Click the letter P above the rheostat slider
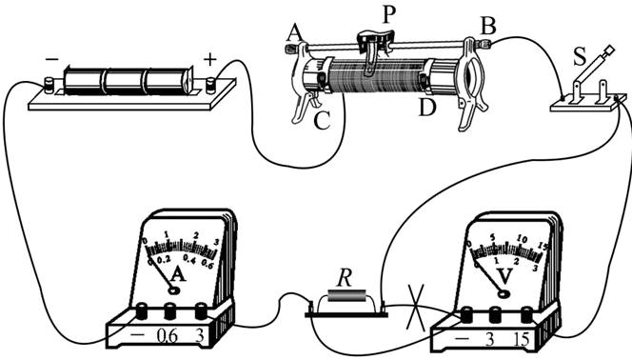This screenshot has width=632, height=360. click(x=388, y=15)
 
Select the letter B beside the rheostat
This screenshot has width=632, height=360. click(x=488, y=27)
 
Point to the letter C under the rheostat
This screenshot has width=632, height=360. click(x=322, y=120)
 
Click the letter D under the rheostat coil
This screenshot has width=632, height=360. click(x=427, y=107)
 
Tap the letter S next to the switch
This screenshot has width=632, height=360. click(x=580, y=56)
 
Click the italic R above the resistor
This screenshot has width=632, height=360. click(x=344, y=278)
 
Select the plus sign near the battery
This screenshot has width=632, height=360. click(x=209, y=60)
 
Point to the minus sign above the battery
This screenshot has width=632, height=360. click(x=51, y=60)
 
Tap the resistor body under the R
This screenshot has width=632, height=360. click(x=346, y=295)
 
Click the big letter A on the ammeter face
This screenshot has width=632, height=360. click(x=178, y=274)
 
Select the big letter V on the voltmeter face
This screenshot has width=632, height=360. click(x=504, y=276)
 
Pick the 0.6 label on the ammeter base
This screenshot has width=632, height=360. click(x=167, y=335)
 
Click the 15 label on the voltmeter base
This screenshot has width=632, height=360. click(x=522, y=339)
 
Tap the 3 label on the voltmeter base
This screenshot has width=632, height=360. click(x=489, y=339)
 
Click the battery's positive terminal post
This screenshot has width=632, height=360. click(x=211, y=86)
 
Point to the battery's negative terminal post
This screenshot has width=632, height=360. click(x=49, y=86)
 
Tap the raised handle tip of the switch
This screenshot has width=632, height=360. click(x=609, y=50)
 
